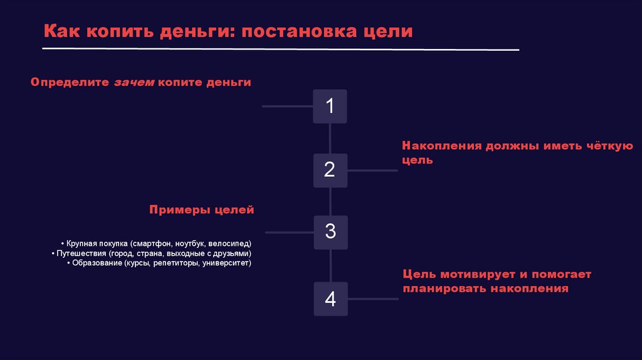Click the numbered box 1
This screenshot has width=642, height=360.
point(330,106)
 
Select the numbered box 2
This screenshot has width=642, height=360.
point(330,169)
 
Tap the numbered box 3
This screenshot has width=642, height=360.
point(330,232)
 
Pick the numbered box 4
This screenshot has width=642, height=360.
point(330,299)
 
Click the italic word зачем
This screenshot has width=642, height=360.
point(134,82)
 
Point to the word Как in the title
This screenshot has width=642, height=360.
point(60,32)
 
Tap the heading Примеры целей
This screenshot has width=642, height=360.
point(201,209)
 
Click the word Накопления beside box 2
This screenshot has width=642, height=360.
point(441,146)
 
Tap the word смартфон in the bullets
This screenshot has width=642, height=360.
point(151,243)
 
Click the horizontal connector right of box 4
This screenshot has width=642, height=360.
point(372,299)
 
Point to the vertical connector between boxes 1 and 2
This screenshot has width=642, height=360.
point(330,138)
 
